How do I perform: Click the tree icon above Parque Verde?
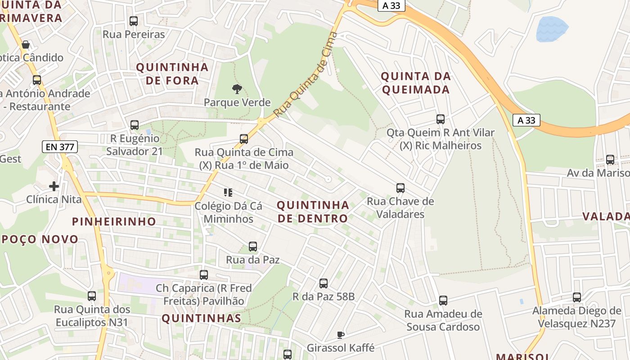pos(237,89)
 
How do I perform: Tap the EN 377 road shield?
pos(60,147)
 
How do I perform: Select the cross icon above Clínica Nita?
pos(54,186)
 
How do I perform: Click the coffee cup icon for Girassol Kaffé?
pos(341,335)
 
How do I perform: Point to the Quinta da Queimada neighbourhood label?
pos(415,83)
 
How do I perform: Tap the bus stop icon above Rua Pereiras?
pos(134,21)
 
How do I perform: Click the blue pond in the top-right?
pos(552,28)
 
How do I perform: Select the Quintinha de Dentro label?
pos(313,212)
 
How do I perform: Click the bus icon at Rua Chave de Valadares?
pos(400,188)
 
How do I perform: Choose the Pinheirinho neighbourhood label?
pos(114,221)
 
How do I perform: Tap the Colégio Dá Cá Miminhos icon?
pos(228,193)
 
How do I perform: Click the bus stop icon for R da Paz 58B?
pos(324,283)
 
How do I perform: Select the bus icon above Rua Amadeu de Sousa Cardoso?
pos(443,301)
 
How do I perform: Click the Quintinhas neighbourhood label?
pos(201,319)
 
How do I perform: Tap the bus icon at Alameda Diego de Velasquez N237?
pos(577,297)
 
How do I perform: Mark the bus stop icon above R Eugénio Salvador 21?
pos(135,125)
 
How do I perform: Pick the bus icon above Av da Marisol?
pos(610,160)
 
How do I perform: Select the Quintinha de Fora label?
pos(172,74)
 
